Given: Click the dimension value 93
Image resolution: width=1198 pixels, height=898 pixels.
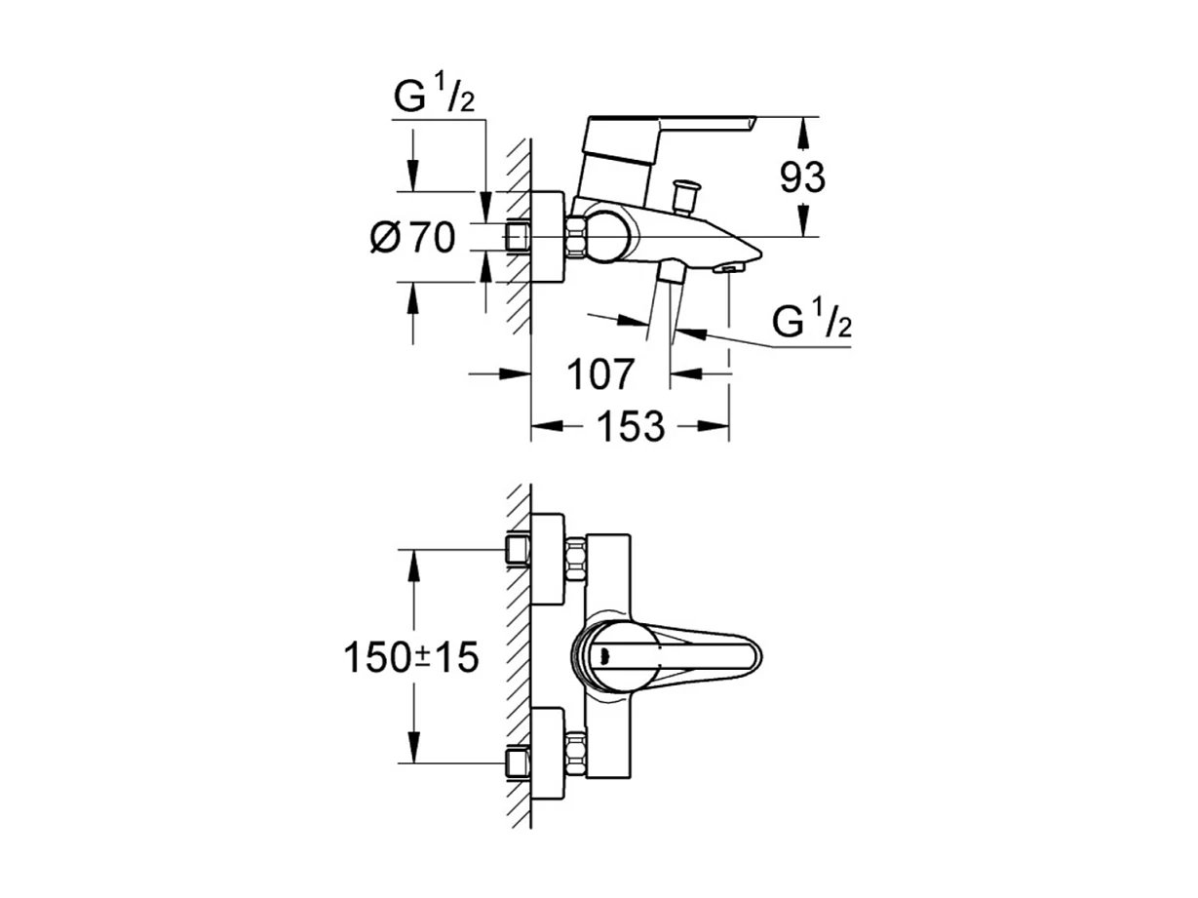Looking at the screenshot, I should click(x=802, y=177).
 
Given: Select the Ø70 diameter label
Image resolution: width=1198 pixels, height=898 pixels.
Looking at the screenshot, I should click(x=413, y=237).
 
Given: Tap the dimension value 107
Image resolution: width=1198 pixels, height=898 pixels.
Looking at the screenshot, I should click(x=602, y=373).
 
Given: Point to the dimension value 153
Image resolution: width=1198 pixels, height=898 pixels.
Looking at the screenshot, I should click(x=631, y=426).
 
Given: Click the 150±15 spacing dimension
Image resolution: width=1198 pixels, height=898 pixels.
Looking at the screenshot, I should click(x=410, y=657).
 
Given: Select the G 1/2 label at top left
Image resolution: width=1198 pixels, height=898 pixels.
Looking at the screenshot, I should click(x=434, y=98).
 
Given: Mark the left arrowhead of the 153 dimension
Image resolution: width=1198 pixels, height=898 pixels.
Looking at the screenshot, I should click(x=543, y=426).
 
